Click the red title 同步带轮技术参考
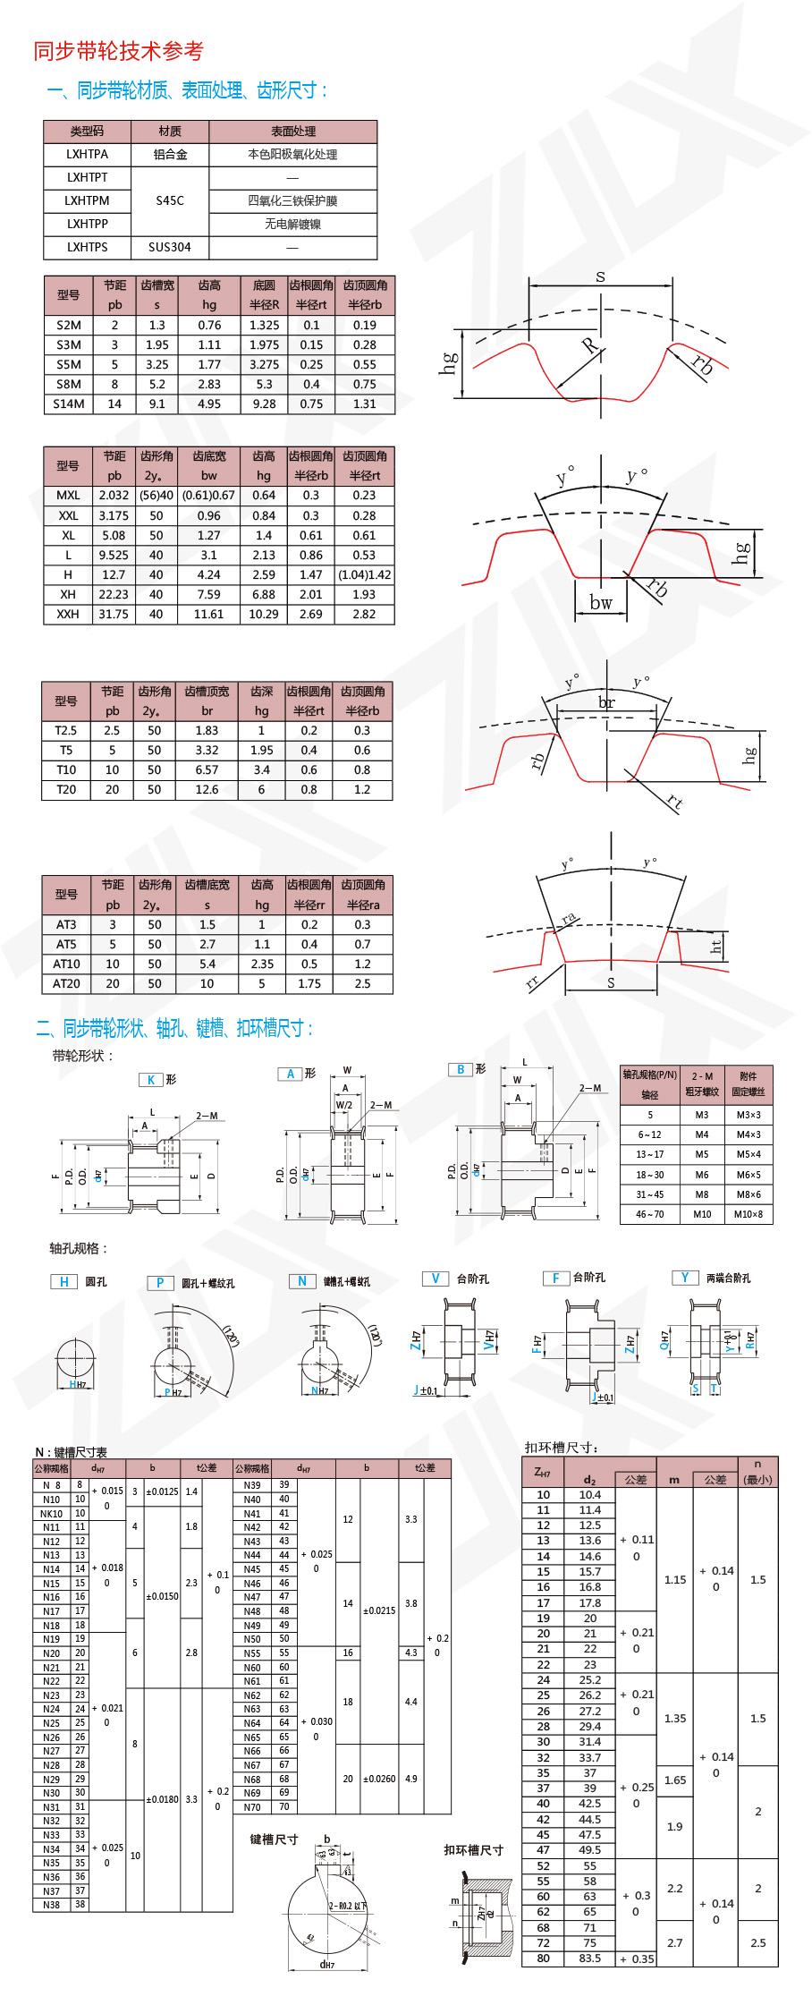(118, 51)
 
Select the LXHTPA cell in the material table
(87, 154)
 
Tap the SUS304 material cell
(170, 247)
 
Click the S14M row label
(68, 404)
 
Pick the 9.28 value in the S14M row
(264, 404)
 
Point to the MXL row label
(68, 495)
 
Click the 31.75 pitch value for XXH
(114, 614)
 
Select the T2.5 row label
(66, 730)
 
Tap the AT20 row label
(66, 983)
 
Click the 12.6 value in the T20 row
(207, 789)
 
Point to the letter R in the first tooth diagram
(589, 345)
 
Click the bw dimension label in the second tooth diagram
(601, 603)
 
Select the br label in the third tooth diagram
(606, 702)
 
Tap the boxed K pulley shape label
(150, 1080)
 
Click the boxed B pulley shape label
(460, 1069)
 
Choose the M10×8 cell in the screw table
(749, 1214)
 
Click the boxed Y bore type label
(684, 1278)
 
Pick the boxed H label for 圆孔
(63, 1282)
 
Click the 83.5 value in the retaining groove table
(589, 1958)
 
